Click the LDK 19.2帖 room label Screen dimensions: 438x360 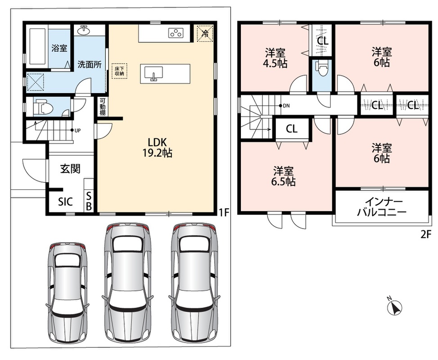coord(157,148)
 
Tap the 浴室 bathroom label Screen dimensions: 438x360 coord(59,48)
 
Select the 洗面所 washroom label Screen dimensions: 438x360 coord(90,64)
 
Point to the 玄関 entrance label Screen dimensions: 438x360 coord(70,169)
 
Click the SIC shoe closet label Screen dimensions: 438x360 coord(65,202)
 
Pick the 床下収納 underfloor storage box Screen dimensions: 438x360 coord(120,71)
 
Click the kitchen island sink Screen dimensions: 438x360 coord(154,74)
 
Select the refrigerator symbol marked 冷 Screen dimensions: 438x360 coord(205,34)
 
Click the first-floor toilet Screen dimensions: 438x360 coord(42,107)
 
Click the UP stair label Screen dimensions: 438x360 coord(77,130)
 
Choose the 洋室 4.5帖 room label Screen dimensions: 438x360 coord(275,58)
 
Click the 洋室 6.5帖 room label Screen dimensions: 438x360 coord(283,176)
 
